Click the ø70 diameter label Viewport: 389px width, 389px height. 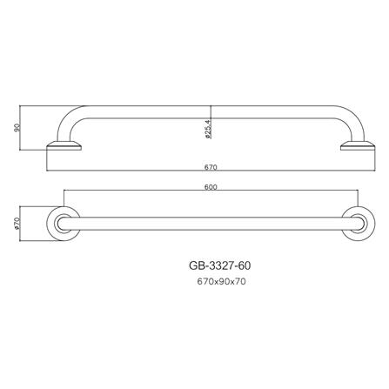pos(17,223)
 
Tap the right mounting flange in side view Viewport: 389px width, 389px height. pos(355,145)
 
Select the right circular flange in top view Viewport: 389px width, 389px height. pos(356,224)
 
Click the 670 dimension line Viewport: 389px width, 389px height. pos(131,171)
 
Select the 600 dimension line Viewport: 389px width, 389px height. pos(131,191)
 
